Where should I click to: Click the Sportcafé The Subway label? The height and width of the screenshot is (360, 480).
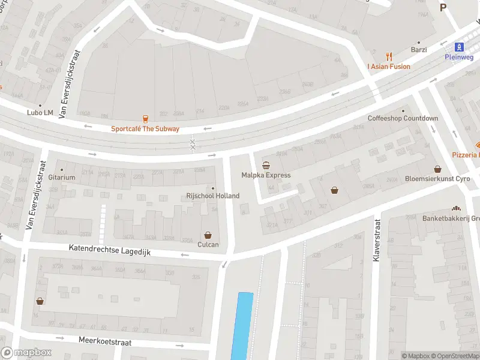pos(145,129)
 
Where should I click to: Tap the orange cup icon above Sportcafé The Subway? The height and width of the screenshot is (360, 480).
pos(145,119)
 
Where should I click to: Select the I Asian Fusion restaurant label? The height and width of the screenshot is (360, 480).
pos(389,67)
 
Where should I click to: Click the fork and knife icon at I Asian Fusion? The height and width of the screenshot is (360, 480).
pos(389,56)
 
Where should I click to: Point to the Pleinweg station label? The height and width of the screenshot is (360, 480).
pos(459,57)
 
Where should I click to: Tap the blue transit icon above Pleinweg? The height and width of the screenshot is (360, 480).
pos(459,46)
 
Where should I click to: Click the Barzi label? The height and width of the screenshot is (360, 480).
pos(418,50)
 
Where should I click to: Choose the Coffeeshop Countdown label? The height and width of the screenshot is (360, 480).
pos(403,118)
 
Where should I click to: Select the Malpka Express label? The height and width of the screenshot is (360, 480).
pos(266,175)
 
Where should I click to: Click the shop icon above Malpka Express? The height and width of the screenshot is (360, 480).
pos(266,165)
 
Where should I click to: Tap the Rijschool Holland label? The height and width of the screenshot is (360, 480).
pos(213,196)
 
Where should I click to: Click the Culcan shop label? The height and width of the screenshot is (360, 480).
pos(208,245)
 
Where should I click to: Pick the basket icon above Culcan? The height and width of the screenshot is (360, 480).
pos(208,235)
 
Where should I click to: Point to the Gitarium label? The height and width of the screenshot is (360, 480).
pos(62,178)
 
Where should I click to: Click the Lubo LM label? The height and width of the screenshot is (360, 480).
pos(40,112)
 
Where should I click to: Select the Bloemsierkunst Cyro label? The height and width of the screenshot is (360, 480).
pos(437,179)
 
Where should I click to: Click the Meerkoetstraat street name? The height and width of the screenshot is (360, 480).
pos(105,340)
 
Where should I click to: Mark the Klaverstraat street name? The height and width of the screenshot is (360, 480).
pos(377,240)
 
